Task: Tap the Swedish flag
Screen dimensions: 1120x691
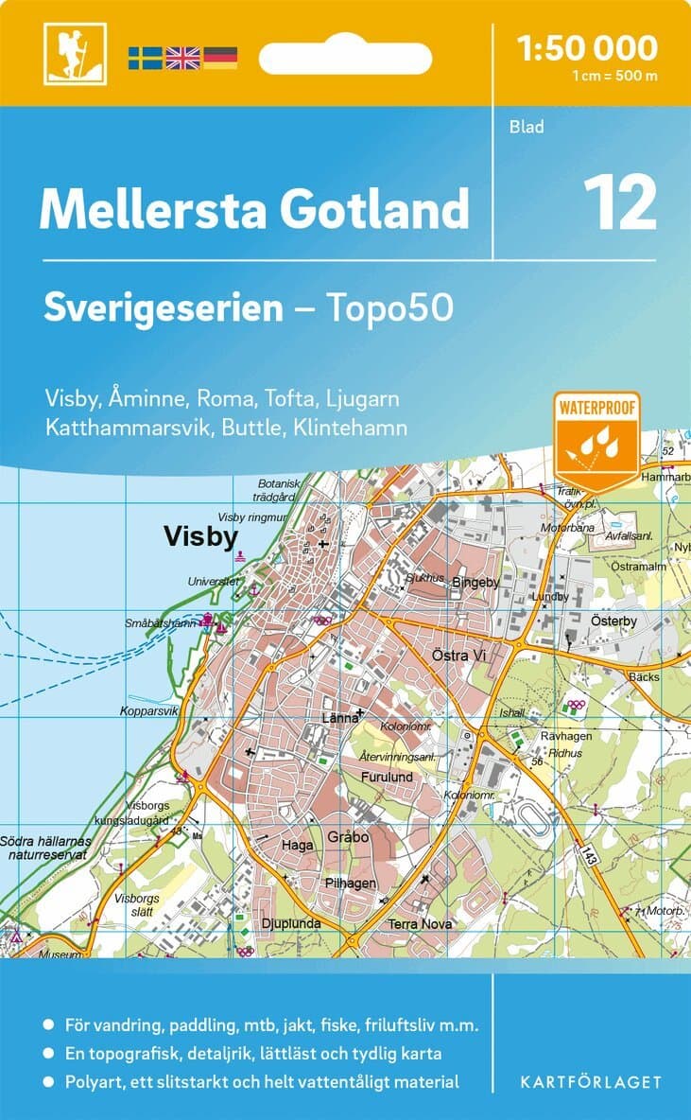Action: pyautogui.click(x=146, y=57)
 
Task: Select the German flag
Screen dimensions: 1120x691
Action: pyautogui.click(x=219, y=57)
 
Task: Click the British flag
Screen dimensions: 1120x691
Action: pyautogui.click(x=182, y=57)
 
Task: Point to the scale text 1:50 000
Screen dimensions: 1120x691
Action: pyautogui.click(x=588, y=47)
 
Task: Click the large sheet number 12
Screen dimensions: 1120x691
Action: pyautogui.click(x=619, y=202)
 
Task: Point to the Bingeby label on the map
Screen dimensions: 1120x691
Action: pyautogui.click(x=475, y=582)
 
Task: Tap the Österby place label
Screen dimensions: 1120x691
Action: pyautogui.click(x=614, y=621)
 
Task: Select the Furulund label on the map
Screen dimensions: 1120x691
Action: pyautogui.click(x=387, y=777)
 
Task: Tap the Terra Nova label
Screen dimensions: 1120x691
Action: pyautogui.click(x=420, y=923)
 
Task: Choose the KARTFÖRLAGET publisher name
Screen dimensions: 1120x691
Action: pyautogui.click(x=591, y=1081)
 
